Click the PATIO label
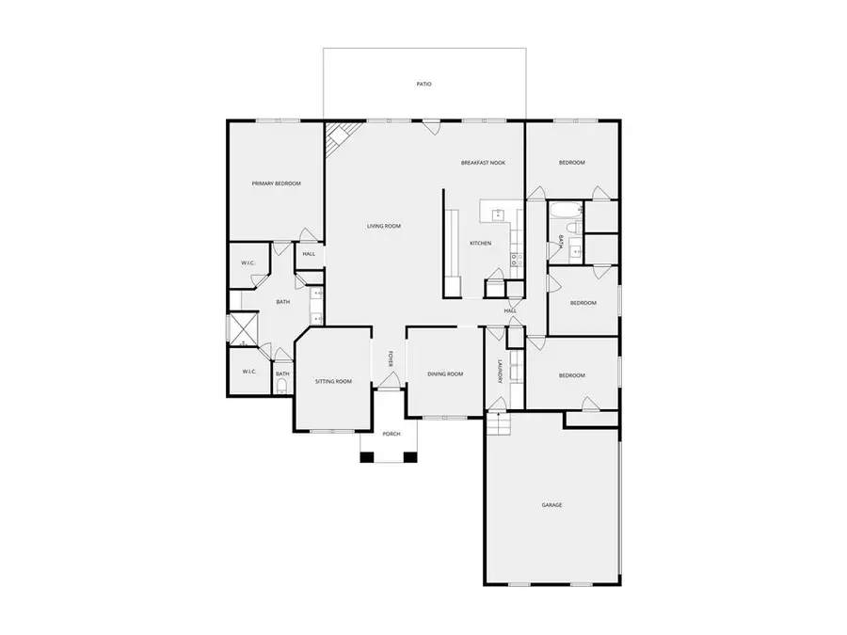pos(424,85)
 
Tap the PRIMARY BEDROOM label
pos(276,183)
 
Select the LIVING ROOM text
pos(384,226)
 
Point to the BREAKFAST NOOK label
pos(484,163)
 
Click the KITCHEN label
pos(480,244)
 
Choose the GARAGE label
pos(552,505)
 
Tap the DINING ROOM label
pos(445,374)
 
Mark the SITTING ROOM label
pos(333,382)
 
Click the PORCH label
pos(392,434)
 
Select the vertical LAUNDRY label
pos(501,372)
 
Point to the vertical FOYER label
pos(391,359)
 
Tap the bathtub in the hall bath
pos(566,211)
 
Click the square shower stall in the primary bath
pos(244,329)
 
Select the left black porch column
pos(367,457)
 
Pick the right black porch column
pos(410,457)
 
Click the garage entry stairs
pos(498,424)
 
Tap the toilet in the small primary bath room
pos(281,386)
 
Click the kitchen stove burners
pos(516,260)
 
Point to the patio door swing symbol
pos(430,127)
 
